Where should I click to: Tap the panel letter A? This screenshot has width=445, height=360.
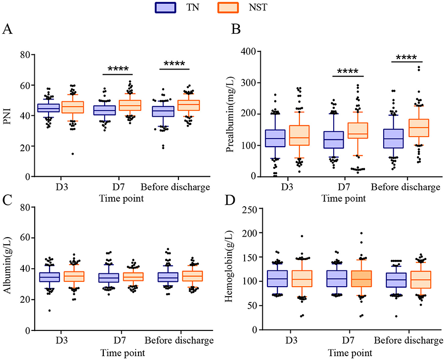[x=8, y=30]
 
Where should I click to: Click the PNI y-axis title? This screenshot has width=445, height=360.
[x=7, y=116]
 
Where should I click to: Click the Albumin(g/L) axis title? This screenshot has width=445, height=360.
[x=7, y=268]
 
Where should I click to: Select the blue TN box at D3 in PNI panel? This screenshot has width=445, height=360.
[x=49, y=108]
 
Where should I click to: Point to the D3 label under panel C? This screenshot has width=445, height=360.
[x=60, y=341]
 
